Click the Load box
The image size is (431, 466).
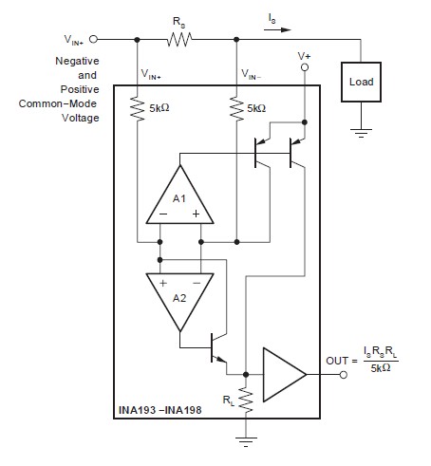(x=361, y=82)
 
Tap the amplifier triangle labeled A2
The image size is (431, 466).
(x=179, y=297)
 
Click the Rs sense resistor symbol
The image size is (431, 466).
(x=179, y=39)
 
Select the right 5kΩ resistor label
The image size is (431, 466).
(x=257, y=108)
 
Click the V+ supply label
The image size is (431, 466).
(x=304, y=57)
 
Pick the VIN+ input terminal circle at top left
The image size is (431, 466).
(x=94, y=39)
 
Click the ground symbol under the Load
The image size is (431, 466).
(x=361, y=132)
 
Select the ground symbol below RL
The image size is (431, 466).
(x=246, y=439)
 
